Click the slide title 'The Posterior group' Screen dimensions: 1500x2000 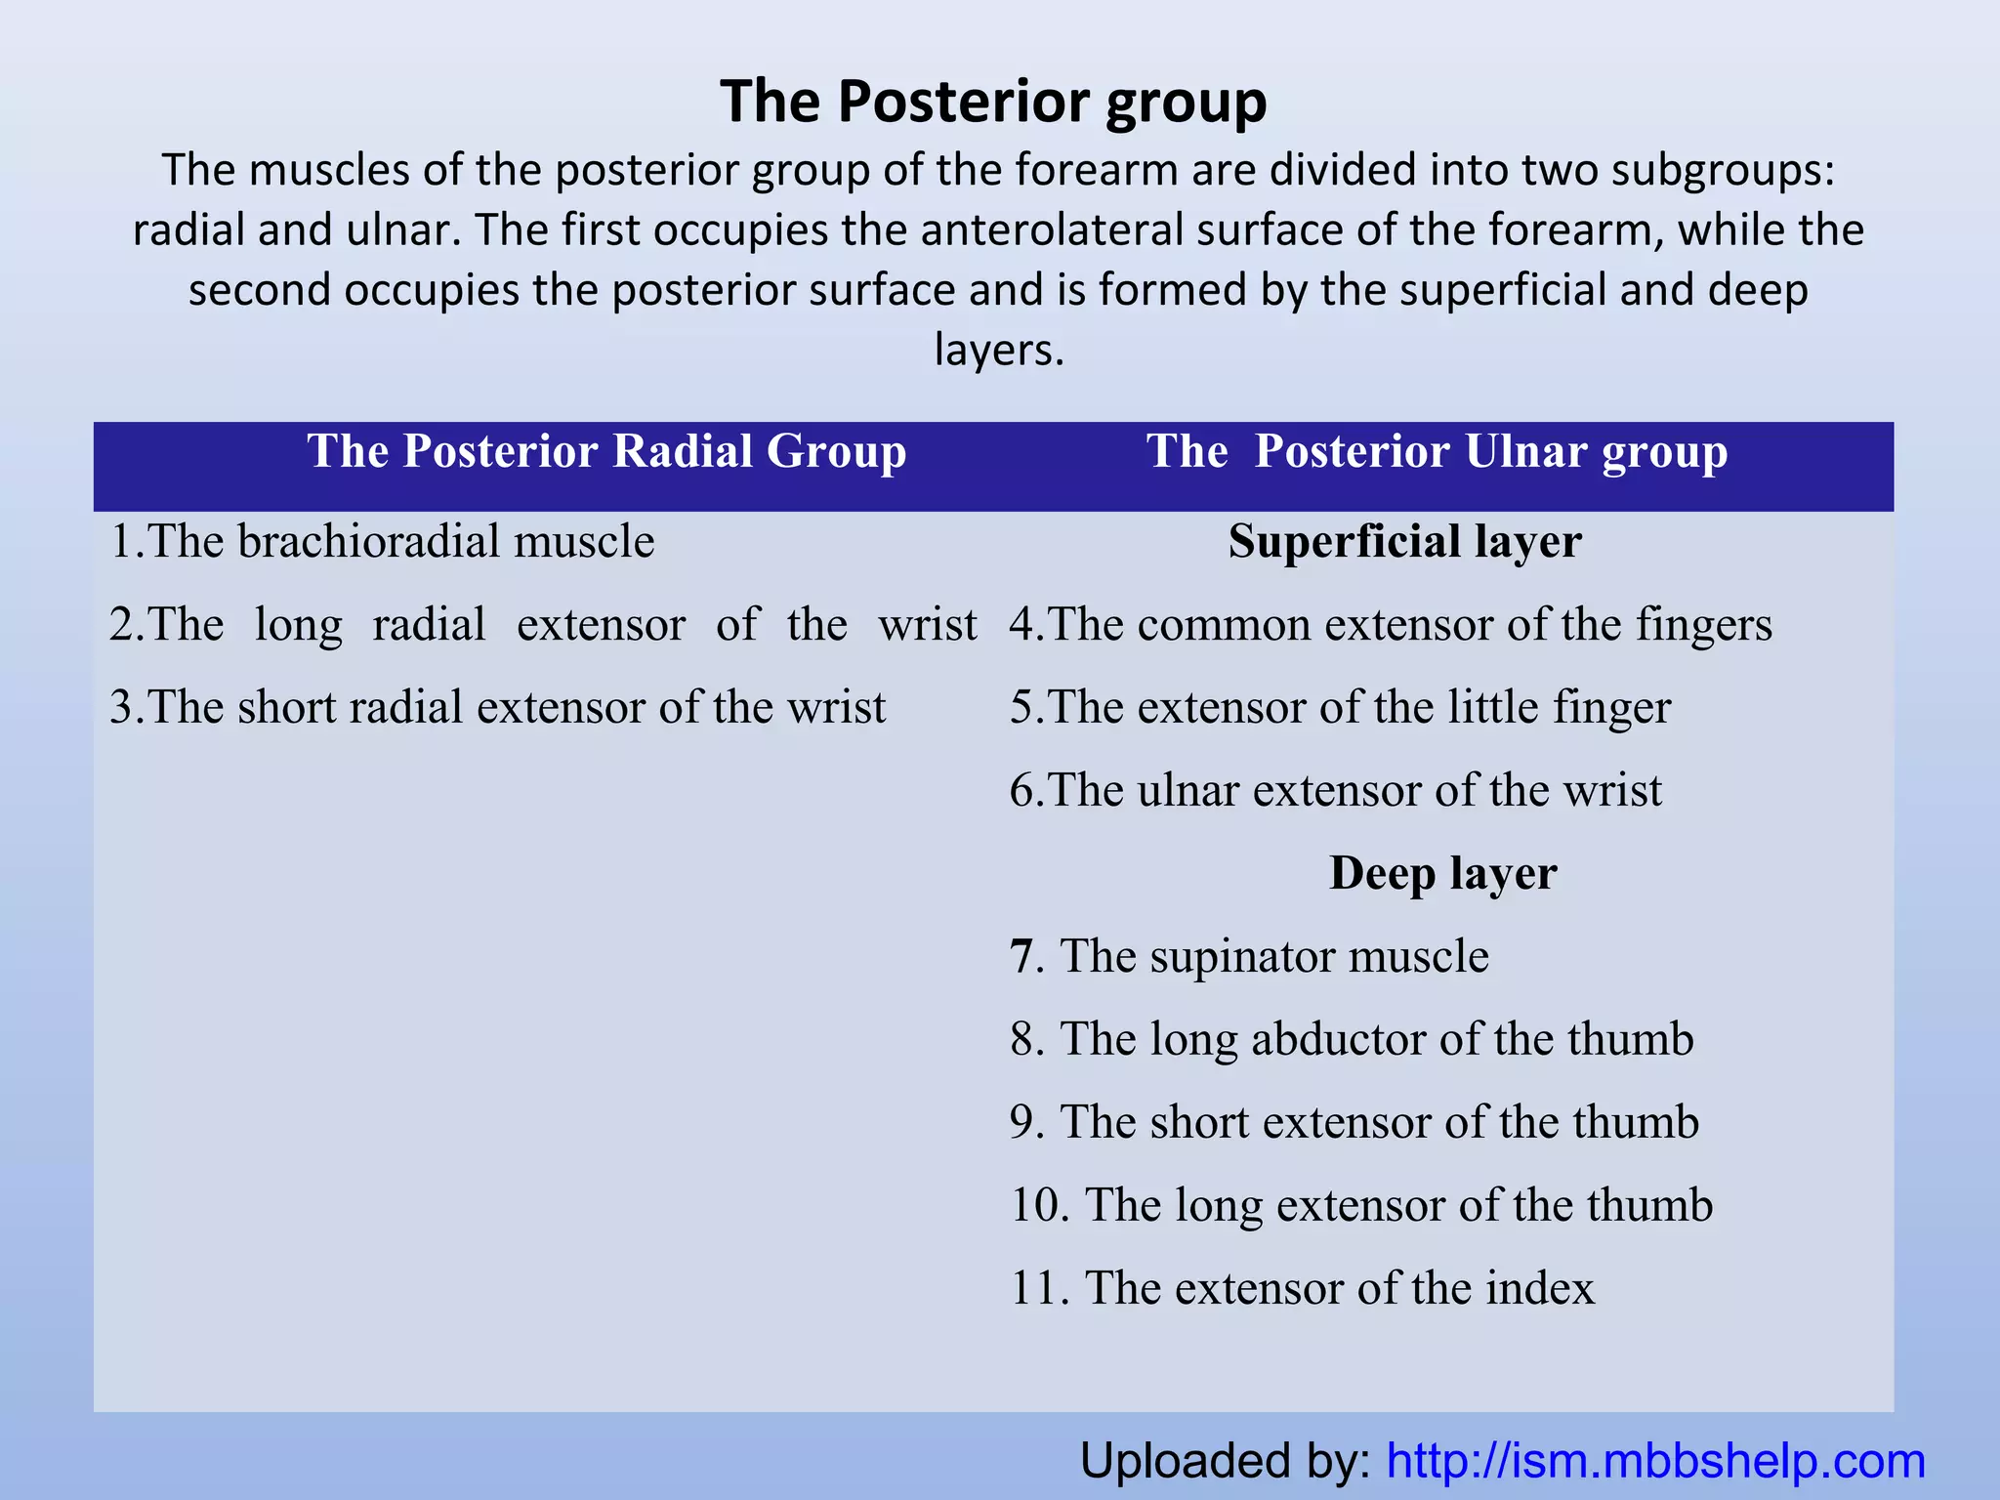993,101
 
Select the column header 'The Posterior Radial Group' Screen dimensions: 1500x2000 606,451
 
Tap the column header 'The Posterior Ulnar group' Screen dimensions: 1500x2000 1437,451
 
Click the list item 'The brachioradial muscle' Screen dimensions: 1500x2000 382,541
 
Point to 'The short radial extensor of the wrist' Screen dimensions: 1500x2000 497,707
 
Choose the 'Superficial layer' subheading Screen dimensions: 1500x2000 1404,541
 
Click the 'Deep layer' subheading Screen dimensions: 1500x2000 1442,873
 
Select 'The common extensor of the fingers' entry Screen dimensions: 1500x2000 1391,624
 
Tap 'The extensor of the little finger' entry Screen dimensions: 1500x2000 1340,707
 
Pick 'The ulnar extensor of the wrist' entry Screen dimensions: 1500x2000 1335,790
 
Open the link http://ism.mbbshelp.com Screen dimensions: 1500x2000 1655,1462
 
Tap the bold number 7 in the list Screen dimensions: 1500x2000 1021,957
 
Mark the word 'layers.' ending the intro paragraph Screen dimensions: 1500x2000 998,350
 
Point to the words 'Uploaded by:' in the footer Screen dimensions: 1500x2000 1226,1462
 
